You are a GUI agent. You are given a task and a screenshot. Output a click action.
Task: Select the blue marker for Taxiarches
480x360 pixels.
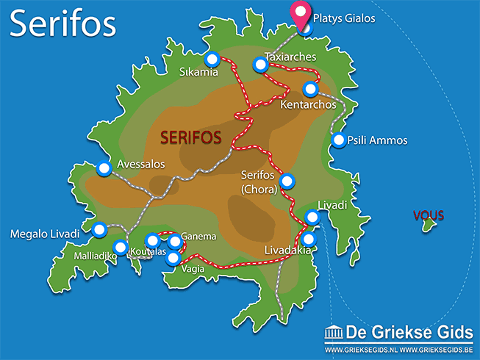tap(260, 65)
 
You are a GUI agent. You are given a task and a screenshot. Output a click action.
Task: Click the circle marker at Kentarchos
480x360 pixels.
tap(310, 90)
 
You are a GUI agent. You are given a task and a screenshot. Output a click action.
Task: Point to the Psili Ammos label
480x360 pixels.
tap(377, 140)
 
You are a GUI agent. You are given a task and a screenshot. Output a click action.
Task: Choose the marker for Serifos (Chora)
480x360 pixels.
tap(287, 180)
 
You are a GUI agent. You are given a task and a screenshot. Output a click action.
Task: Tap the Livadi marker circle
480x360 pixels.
tap(312, 217)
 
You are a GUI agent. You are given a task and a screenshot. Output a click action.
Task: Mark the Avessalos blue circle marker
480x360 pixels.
tap(104, 169)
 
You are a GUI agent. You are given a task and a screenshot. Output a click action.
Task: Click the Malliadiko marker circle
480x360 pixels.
tap(121, 247)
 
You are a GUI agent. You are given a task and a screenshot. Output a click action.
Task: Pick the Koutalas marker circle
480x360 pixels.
tap(152, 240)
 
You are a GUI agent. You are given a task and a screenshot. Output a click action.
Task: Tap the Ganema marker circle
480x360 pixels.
tap(174, 241)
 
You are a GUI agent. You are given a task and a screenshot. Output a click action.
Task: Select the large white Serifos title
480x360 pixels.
tap(63, 24)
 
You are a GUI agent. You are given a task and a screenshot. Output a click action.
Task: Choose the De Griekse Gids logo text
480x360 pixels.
tap(408, 332)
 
